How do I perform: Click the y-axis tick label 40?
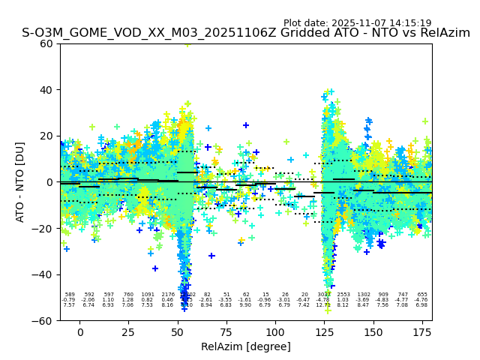pos(47,90)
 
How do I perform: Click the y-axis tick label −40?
pos(45,274)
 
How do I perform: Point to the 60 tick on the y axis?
pos(47,43)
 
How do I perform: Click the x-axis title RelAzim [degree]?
pos(246,346)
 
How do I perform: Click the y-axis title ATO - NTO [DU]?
pos(20,182)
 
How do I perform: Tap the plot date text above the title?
pos(357,23)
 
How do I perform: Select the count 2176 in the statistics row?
pos(167,295)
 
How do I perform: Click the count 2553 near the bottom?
pos(343,295)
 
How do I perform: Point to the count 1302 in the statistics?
pos(364,295)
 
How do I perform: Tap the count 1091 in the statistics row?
pos(148,295)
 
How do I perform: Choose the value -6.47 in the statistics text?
pos(304,300)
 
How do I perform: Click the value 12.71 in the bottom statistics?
pos(323,305)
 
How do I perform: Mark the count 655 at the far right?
pos(421,295)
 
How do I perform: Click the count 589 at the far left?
pos(70,295)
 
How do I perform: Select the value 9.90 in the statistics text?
pos(246,305)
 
